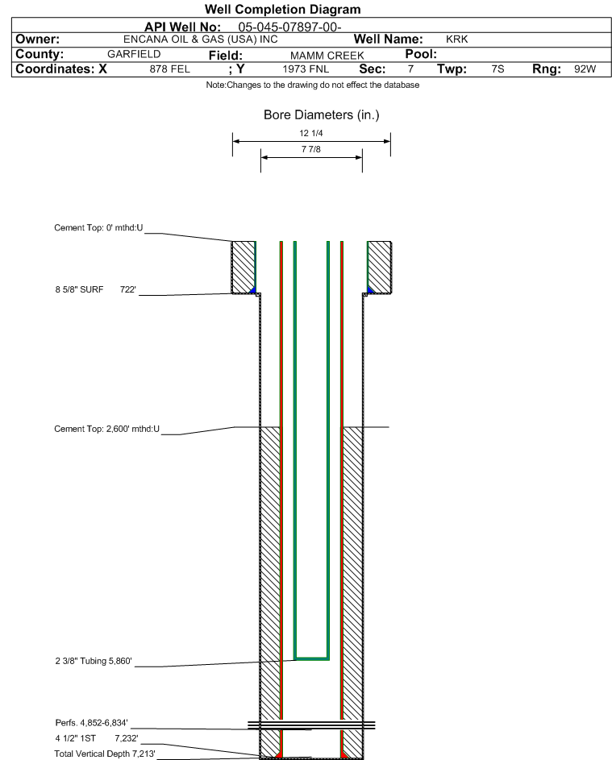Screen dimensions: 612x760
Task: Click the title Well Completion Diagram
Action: (x=283, y=9)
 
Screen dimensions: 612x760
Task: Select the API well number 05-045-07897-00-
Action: (x=289, y=27)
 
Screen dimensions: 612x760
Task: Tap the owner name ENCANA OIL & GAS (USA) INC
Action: (x=200, y=39)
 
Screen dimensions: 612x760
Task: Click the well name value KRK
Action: (x=457, y=39)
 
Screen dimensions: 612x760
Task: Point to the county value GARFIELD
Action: (x=134, y=54)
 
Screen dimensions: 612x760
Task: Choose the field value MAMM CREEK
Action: (x=327, y=56)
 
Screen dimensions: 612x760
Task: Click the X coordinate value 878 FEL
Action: (x=169, y=69)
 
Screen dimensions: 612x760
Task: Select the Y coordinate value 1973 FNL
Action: (x=306, y=69)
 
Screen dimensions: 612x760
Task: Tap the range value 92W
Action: (x=585, y=69)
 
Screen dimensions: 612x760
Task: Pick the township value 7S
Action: (x=498, y=69)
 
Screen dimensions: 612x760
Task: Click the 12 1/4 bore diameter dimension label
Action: (x=311, y=133)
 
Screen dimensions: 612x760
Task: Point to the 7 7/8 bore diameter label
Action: (x=311, y=149)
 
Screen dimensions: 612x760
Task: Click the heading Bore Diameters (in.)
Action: (x=321, y=115)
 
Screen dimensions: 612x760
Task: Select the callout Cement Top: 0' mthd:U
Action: (x=98, y=228)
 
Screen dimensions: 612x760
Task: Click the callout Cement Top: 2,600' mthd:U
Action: (x=106, y=429)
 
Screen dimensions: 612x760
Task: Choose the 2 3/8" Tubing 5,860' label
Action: (x=93, y=661)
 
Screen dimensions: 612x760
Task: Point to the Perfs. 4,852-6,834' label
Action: (x=92, y=723)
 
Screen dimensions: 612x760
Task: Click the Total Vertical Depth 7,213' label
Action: (x=105, y=754)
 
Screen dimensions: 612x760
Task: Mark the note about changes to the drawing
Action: (x=313, y=85)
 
